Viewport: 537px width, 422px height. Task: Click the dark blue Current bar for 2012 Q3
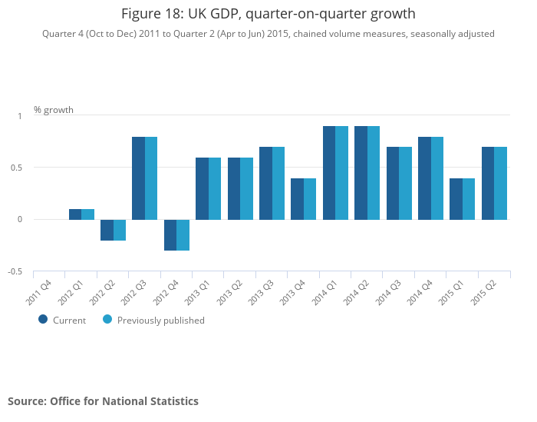pyautogui.click(x=138, y=178)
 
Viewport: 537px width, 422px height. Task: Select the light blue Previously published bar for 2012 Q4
pyautogui.click(x=183, y=235)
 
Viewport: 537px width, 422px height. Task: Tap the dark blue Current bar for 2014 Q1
pyautogui.click(x=329, y=173)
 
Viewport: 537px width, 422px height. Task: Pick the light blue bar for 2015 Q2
pyautogui.click(x=501, y=183)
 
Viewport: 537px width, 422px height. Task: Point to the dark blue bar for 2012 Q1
pyautogui.click(x=75, y=214)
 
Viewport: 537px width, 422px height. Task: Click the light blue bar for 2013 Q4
pyautogui.click(x=310, y=199)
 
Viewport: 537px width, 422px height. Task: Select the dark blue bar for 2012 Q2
pyautogui.click(x=107, y=230)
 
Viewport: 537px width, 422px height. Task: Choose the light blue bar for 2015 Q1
pyautogui.click(x=469, y=199)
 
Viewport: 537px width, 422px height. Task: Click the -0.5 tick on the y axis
pyautogui.click(x=15, y=272)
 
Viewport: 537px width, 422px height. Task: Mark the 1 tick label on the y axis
pyautogui.click(x=20, y=115)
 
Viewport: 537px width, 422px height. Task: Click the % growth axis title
pyautogui.click(x=54, y=110)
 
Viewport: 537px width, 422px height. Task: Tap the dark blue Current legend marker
pyautogui.click(x=43, y=320)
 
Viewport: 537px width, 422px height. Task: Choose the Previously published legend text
pyautogui.click(x=161, y=321)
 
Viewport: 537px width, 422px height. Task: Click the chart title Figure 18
pyautogui.click(x=268, y=14)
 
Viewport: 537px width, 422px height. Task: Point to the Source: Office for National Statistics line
pyautogui.click(x=103, y=401)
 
